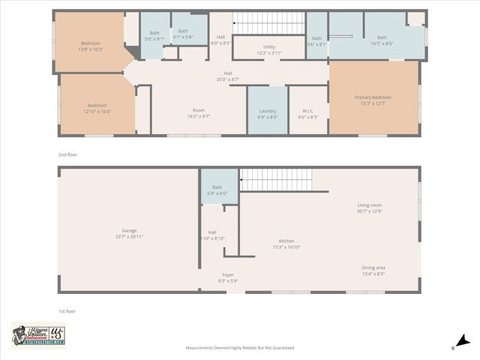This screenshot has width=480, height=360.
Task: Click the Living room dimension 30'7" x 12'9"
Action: tap(369, 211)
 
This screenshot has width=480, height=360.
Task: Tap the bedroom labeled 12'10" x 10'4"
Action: tap(98, 108)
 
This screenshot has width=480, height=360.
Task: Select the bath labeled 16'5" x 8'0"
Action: tap(382, 40)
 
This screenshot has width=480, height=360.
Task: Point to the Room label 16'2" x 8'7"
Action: tap(199, 113)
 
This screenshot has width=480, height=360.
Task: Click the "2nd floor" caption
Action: tap(67, 154)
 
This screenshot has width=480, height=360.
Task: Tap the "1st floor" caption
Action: tap(67, 310)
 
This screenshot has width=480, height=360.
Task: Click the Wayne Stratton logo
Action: tap(38, 335)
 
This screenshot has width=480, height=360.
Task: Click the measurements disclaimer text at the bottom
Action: tap(240, 348)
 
